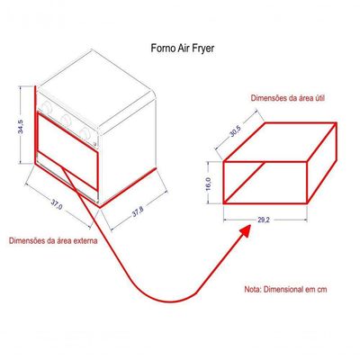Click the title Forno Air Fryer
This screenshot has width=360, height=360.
click(x=183, y=49)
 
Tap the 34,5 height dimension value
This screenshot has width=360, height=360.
click(x=21, y=127)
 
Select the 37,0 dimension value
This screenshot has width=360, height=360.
click(x=56, y=204)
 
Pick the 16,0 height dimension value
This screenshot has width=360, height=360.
click(x=209, y=184)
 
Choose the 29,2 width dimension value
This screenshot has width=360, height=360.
click(x=264, y=220)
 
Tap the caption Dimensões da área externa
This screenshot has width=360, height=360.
click(x=53, y=240)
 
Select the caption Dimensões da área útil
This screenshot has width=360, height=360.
click(x=288, y=98)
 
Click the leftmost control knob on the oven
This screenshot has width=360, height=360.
click(x=47, y=107)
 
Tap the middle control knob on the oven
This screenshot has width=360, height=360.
click(x=66, y=120)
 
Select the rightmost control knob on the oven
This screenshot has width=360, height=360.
click(x=85, y=132)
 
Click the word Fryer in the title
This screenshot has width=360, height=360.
click(x=204, y=49)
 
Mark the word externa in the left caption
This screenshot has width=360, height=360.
click(x=85, y=240)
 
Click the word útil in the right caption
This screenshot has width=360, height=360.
click(x=319, y=98)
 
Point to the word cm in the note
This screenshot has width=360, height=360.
click(x=321, y=290)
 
